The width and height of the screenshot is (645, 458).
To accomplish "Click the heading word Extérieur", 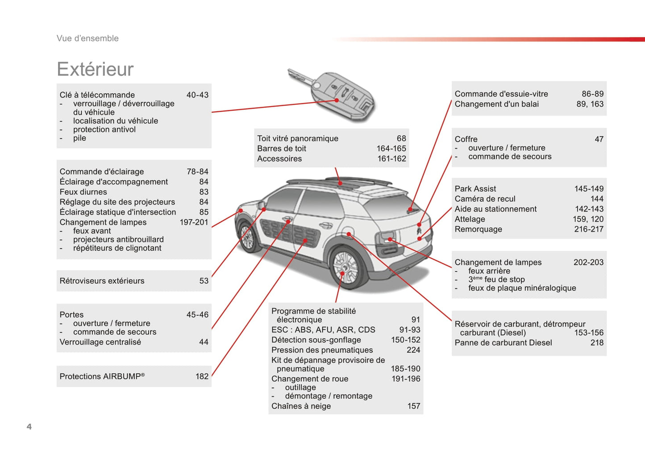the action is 96,69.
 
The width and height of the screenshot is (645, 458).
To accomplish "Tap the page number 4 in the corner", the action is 29,426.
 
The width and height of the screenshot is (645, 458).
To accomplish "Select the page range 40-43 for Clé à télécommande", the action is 197,95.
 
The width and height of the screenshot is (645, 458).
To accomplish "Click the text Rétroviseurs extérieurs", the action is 102,281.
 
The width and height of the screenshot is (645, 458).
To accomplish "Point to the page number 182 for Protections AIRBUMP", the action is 202,376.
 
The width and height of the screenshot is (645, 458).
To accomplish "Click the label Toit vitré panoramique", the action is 298,138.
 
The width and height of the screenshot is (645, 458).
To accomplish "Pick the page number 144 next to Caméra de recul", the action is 597,199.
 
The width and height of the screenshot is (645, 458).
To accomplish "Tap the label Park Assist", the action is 475,189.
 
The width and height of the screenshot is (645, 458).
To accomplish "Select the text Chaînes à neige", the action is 301,406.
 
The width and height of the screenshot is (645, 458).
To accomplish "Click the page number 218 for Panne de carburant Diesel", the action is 597,342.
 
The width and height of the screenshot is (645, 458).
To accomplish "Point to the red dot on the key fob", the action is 337,100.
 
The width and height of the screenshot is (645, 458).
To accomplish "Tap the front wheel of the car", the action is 247,236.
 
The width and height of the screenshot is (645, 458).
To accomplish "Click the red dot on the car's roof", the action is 340,183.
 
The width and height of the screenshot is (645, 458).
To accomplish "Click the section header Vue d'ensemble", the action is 87,38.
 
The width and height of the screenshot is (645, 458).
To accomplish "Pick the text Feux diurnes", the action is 83,192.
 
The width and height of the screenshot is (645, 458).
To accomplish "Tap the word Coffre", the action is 466,139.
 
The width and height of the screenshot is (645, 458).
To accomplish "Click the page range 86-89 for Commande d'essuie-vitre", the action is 593,94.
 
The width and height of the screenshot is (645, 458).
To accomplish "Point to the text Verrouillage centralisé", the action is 100,342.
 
